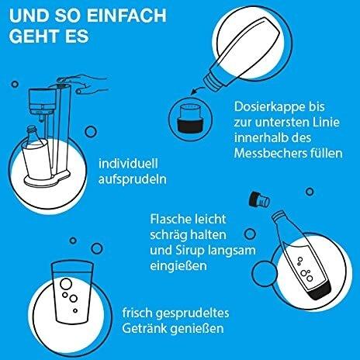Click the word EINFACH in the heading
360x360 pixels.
click(x=126, y=16)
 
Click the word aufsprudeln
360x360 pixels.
click(x=133, y=180)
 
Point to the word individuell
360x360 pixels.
click(x=128, y=164)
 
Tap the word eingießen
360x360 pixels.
click(x=178, y=265)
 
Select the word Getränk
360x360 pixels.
click(x=142, y=328)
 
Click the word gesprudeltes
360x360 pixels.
click(x=192, y=313)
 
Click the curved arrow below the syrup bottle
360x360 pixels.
click(x=197, y=91)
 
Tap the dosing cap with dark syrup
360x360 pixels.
click(x=190, y=118)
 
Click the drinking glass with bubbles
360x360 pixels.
click(x=72, y=292)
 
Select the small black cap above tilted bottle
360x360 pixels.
click(x=259, y=200)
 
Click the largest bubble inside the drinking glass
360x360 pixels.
click(x=66, y=284)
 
